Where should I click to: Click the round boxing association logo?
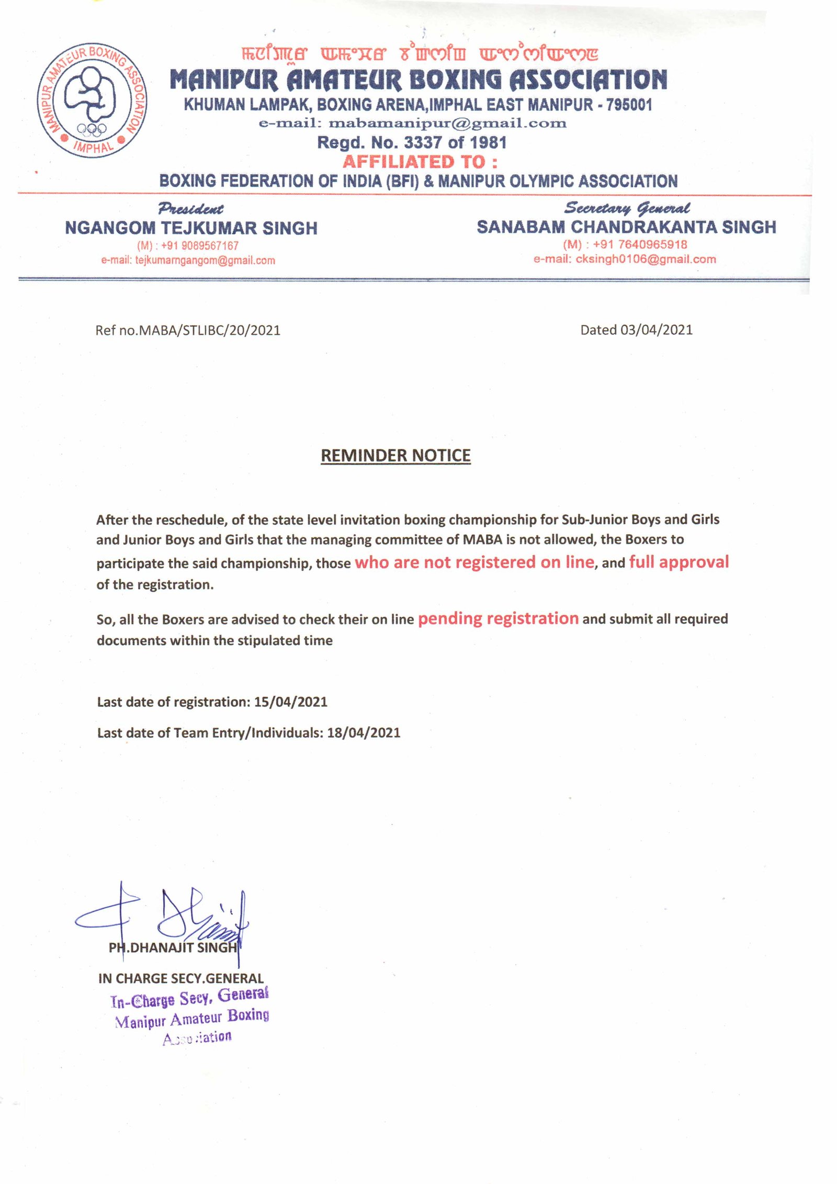click(92, 100)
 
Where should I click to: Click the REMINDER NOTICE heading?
click(395, 455)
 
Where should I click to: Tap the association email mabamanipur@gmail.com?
click(447, 123)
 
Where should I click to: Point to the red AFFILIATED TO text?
click(420, 162)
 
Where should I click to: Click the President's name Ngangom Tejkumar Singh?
click(191, 228)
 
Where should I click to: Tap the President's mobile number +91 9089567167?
click(199, 245)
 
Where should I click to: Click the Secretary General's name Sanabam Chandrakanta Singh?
click(626, 227)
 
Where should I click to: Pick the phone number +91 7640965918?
click(639, 244)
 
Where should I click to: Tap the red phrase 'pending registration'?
click(498, 618)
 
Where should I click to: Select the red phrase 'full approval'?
click(678, 562)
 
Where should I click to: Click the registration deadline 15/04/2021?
click(291, 702)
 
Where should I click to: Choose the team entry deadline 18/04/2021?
click(364, 732)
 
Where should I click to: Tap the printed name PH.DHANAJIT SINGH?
click(173, 948)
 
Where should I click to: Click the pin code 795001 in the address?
click(629, 105)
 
